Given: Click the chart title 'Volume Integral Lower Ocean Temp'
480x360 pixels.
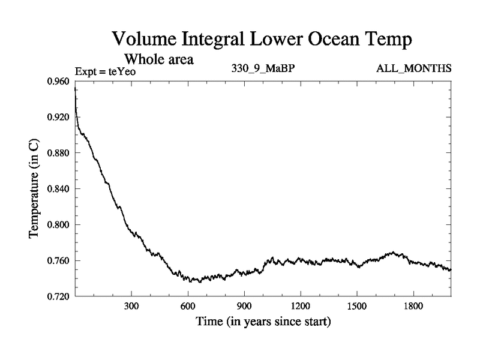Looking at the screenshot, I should [x=263, y=40].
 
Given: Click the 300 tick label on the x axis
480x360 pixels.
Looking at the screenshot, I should [x=131, y=306].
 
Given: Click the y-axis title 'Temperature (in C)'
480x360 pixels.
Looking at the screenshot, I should [x=35, y=189].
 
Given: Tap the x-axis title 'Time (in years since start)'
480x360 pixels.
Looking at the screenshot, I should [x=263, y=322].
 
